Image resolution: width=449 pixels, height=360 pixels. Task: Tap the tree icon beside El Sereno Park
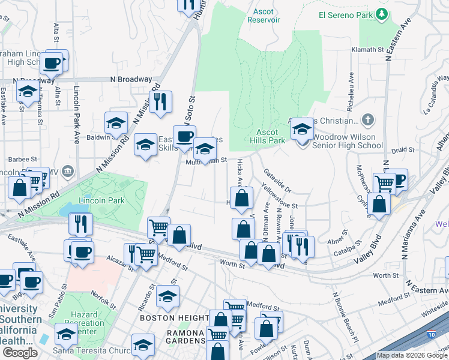coord(381,14)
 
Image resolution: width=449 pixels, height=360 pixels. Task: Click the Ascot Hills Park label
coord(267,136)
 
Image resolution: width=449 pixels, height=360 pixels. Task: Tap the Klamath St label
coord(367,49)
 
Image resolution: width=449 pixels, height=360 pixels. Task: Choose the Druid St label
coord(403,149)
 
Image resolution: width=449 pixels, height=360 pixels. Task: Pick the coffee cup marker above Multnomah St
coord(184,136)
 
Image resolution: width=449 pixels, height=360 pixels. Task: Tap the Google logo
coord(20,353)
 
